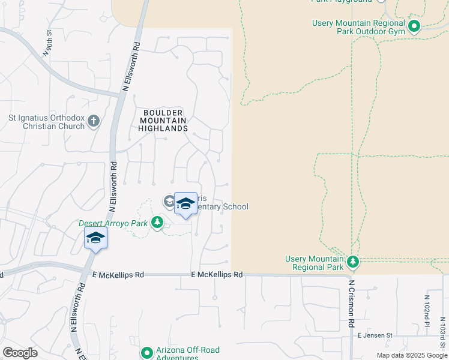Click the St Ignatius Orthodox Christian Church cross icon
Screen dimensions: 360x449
pyautogui.click(x=93, y=122)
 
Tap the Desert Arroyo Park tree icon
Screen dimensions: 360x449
pyautogui.click(x=157, y=223)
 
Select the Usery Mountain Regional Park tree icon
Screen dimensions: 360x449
pyautogui.click(x=353, y=262)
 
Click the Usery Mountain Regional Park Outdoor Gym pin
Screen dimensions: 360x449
pyautogui.click(x=414, y=26)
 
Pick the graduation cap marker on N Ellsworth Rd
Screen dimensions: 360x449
pyautogui.click(x=95, y=239)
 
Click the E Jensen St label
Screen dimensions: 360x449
pyautogui.click(x=374, y=335)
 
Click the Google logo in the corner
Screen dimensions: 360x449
pyautogui.click(x=20, y=352)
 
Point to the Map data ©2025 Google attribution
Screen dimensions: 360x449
pyautogui.click(x=412, y=355)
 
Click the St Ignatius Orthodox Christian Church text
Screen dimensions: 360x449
pyautogui.click(x=49, y=122)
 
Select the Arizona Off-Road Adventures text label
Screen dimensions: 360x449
pyautogui.click(x=187, y=353)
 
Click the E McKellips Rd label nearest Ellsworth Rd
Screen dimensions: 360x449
pyautogui.click(x=118, y=275)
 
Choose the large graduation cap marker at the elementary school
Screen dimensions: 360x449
pyautogui.click(x=185, y=203)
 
